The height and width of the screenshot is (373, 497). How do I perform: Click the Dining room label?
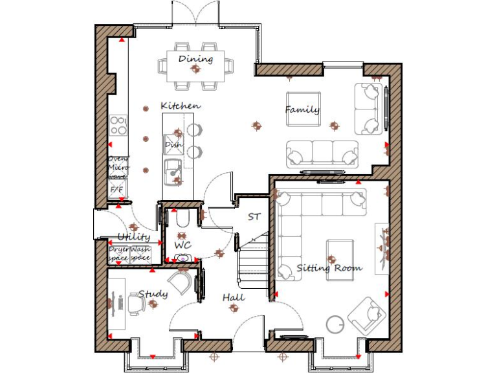coord(195,60)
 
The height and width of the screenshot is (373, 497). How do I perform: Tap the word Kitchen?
coord(181,106)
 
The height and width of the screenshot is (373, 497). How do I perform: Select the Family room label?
coord(302,110)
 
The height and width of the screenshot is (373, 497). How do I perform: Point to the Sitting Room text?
coord(329,267)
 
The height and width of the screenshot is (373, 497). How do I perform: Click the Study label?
coord(153,295)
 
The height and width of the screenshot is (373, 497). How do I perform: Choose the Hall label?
coord(234,297)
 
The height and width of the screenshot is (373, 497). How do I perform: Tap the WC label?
coord(182,245)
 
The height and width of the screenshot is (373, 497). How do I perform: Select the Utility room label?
coord(134,238)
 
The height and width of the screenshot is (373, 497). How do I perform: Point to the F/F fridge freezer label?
coord(116,189)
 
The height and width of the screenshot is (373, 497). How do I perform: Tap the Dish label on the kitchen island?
coord(172,145)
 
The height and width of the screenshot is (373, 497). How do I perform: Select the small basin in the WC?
coord(183,258)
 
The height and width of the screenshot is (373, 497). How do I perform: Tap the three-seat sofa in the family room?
coord(322,153)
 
